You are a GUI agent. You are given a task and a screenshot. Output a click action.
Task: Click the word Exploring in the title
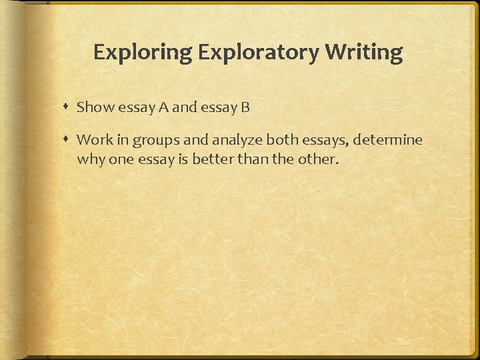137,52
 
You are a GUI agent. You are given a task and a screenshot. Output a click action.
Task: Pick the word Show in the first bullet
91,107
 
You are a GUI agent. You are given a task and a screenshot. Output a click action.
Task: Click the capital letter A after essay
163,107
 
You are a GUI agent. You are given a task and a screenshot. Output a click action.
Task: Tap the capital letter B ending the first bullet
245,107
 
